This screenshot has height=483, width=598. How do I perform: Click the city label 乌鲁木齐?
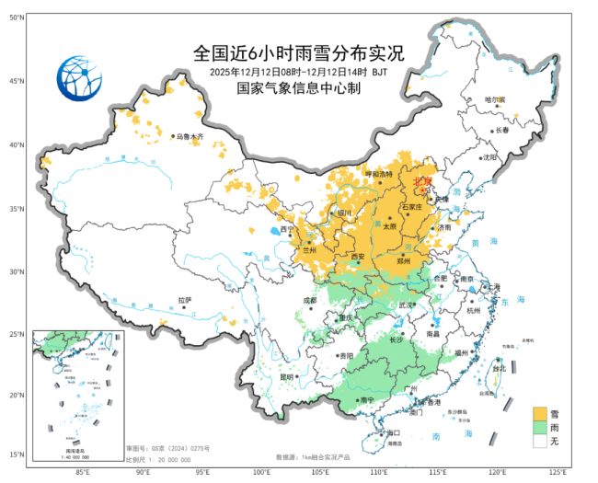(190, 137)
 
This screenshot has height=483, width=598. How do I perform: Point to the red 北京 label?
(422, 181)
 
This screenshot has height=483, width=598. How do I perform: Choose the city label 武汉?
(403, 305)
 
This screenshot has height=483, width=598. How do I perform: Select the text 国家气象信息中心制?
(299, 89)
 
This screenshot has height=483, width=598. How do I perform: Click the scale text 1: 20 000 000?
(166, 459)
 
